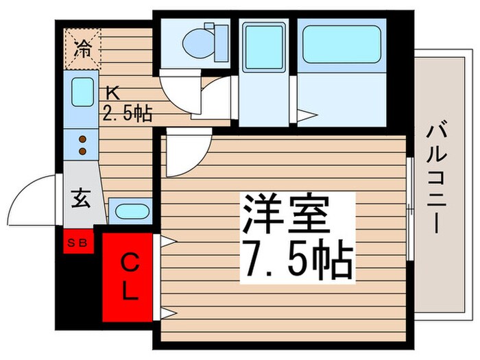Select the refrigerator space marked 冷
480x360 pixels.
(82, 48)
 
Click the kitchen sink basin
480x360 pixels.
(82, 92)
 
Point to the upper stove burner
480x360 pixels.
(82, 138)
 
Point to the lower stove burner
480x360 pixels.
(82, 149)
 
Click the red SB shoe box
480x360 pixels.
(78, 241)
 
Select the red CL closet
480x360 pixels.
(129, 278)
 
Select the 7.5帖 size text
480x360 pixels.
(296, 259)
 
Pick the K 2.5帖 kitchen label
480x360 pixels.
(127, 103)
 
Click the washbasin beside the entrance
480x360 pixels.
(130, 211)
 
